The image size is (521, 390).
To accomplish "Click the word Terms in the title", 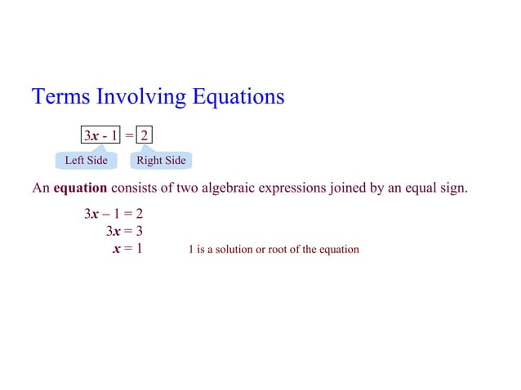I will [61, 97].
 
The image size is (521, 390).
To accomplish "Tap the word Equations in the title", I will [238, 97].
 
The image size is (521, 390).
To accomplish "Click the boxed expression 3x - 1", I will [100, 134].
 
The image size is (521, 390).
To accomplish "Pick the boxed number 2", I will [145, 134].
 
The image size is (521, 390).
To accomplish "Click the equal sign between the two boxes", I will [129, 134].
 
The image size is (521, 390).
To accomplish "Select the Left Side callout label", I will [86, 160].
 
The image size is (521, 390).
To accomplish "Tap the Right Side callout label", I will [161, 160].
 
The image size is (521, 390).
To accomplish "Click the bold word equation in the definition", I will [81, 188].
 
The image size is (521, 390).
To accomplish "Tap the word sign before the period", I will [452, 188].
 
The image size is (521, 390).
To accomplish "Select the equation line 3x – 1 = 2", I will [114, 215].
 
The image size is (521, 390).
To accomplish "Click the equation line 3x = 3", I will [124, 231].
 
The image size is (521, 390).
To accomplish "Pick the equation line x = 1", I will [127, 248].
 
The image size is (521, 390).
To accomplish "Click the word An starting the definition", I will [41, 188].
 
